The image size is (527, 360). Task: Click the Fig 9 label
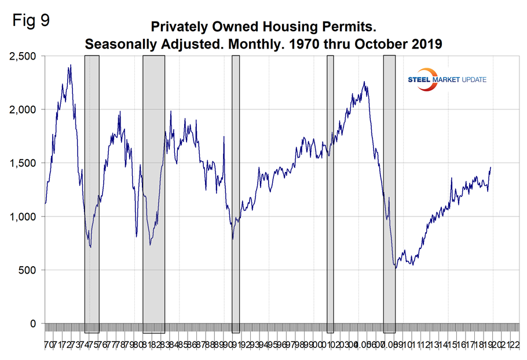tap(30, 21)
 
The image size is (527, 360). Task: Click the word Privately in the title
tap(177, 27)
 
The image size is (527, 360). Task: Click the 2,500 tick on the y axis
tap(23, 56)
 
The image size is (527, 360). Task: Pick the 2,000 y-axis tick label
tap(23, 109)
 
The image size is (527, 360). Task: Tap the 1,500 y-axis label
tap(23, 163)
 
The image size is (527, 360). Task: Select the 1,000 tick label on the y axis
tap(23, 216)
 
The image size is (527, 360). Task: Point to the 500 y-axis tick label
tap(28, 270)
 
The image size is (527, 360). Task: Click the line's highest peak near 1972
tap(70, 65)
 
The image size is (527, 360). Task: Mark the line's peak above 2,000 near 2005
tap(364, 82)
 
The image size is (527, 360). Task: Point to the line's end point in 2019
tap(491, 168)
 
